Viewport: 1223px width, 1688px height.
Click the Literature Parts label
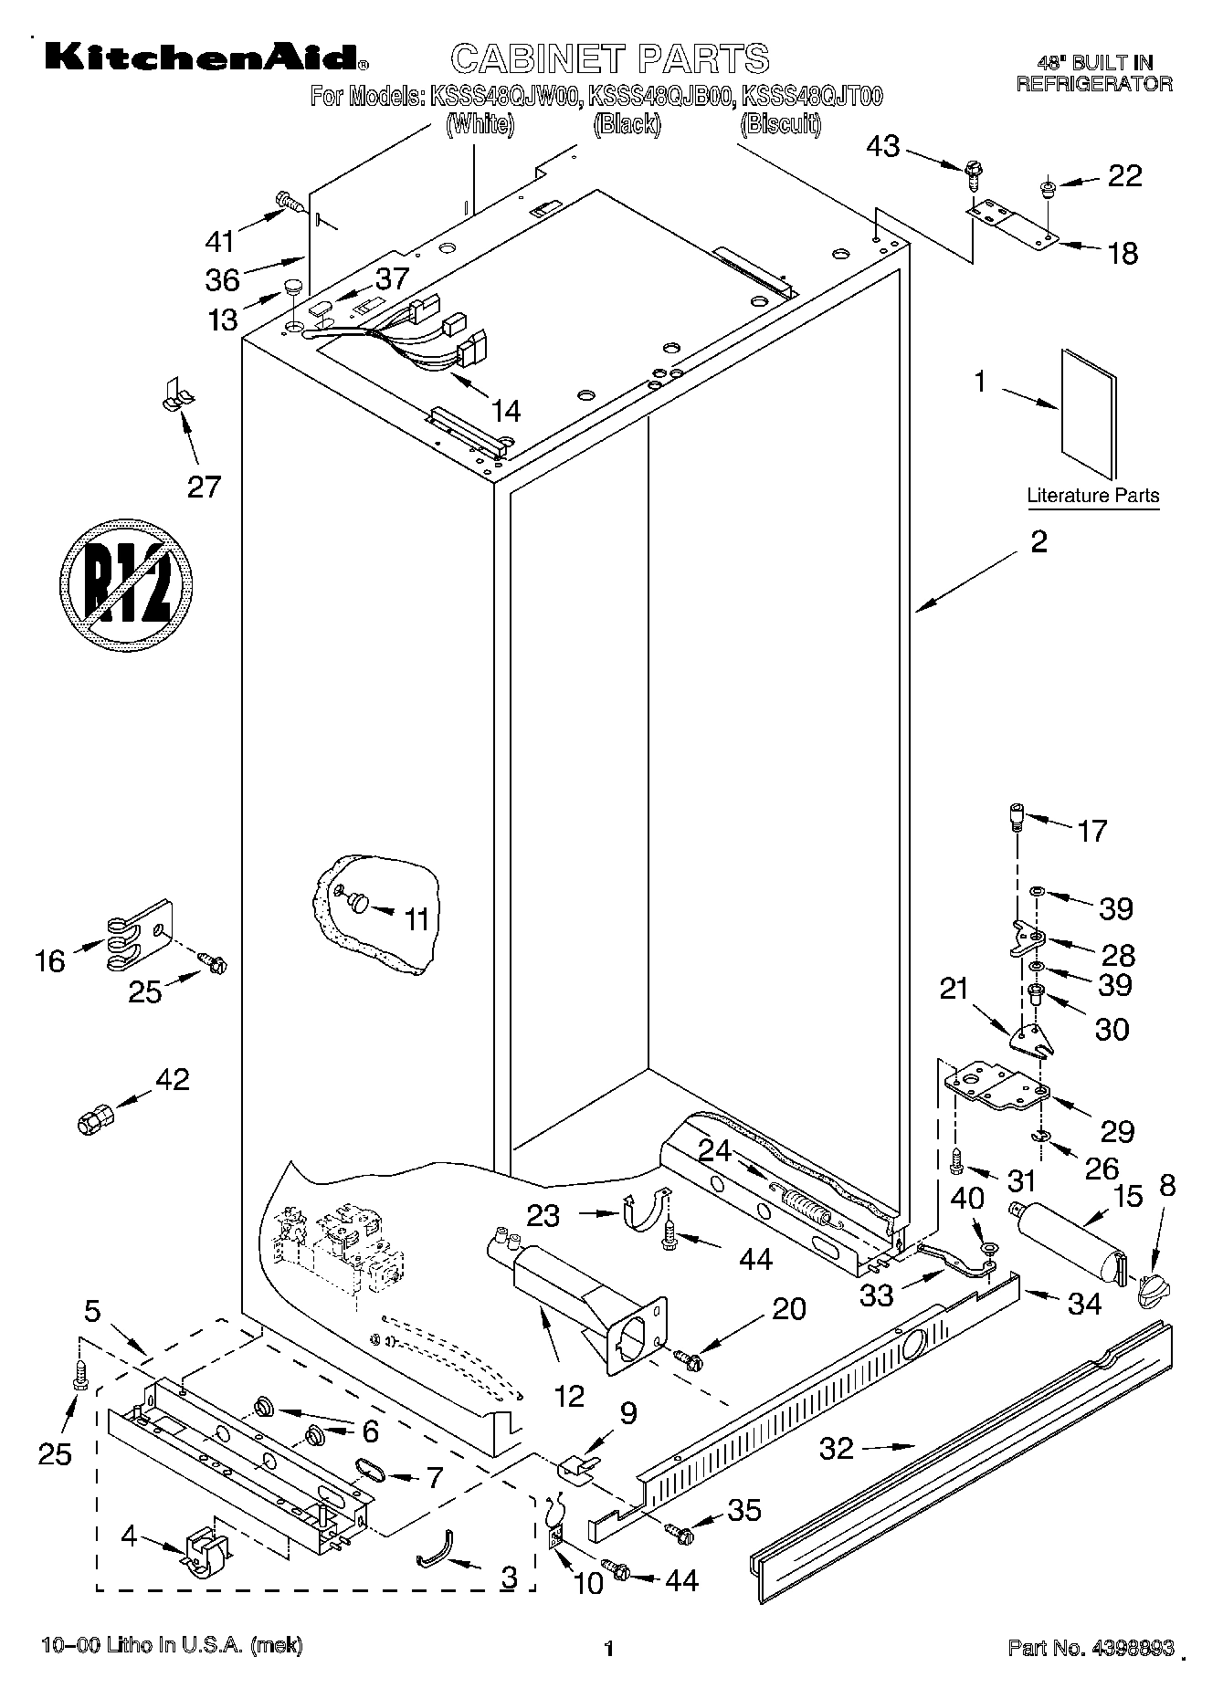(x=1092, y=496)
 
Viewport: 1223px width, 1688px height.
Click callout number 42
(x=172, y=1080)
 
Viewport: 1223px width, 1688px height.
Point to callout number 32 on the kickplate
(x=837, y=1448)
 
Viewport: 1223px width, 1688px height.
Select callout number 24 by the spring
(x=715, y=1150)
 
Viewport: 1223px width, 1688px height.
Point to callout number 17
(x=1091, y=831)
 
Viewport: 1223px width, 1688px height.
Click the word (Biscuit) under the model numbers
(x=779, y=124)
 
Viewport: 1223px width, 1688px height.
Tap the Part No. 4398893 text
(x=1090, y=1647)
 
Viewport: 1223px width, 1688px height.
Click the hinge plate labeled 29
(x=996, y=1084)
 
